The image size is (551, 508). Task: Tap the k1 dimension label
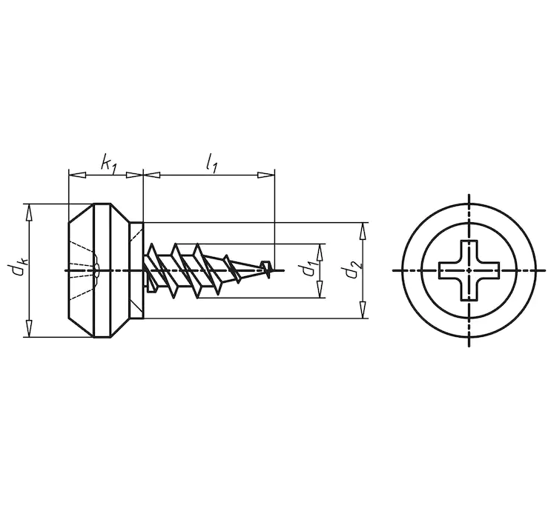coord(109,162)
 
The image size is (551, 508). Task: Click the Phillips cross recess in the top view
coord(469,271)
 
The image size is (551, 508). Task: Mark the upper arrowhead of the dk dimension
coord(29,212)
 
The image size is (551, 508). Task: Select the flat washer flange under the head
coord(136,270)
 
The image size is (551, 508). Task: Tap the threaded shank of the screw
coord(200,270)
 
